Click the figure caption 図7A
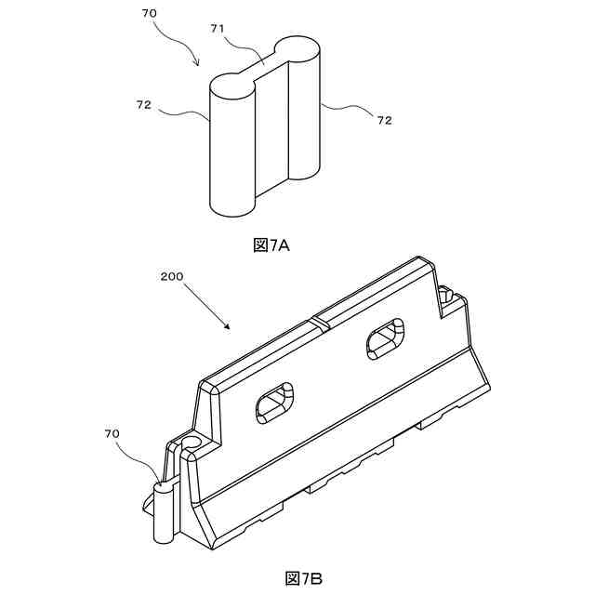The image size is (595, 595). coord(271,245)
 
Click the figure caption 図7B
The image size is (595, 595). coord(303,578)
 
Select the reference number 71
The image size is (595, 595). coord(218,30)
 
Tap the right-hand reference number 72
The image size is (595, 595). coord(384,120)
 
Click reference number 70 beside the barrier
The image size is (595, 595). coord(112,433)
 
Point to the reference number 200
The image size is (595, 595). coord(170,276)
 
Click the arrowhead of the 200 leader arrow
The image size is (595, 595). coord(227,327)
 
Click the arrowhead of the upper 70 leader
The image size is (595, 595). coord(197,64)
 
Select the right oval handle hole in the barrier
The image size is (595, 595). coord(383,339)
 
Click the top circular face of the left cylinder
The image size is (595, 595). coord(231,85)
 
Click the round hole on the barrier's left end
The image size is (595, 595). coord(192,439)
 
